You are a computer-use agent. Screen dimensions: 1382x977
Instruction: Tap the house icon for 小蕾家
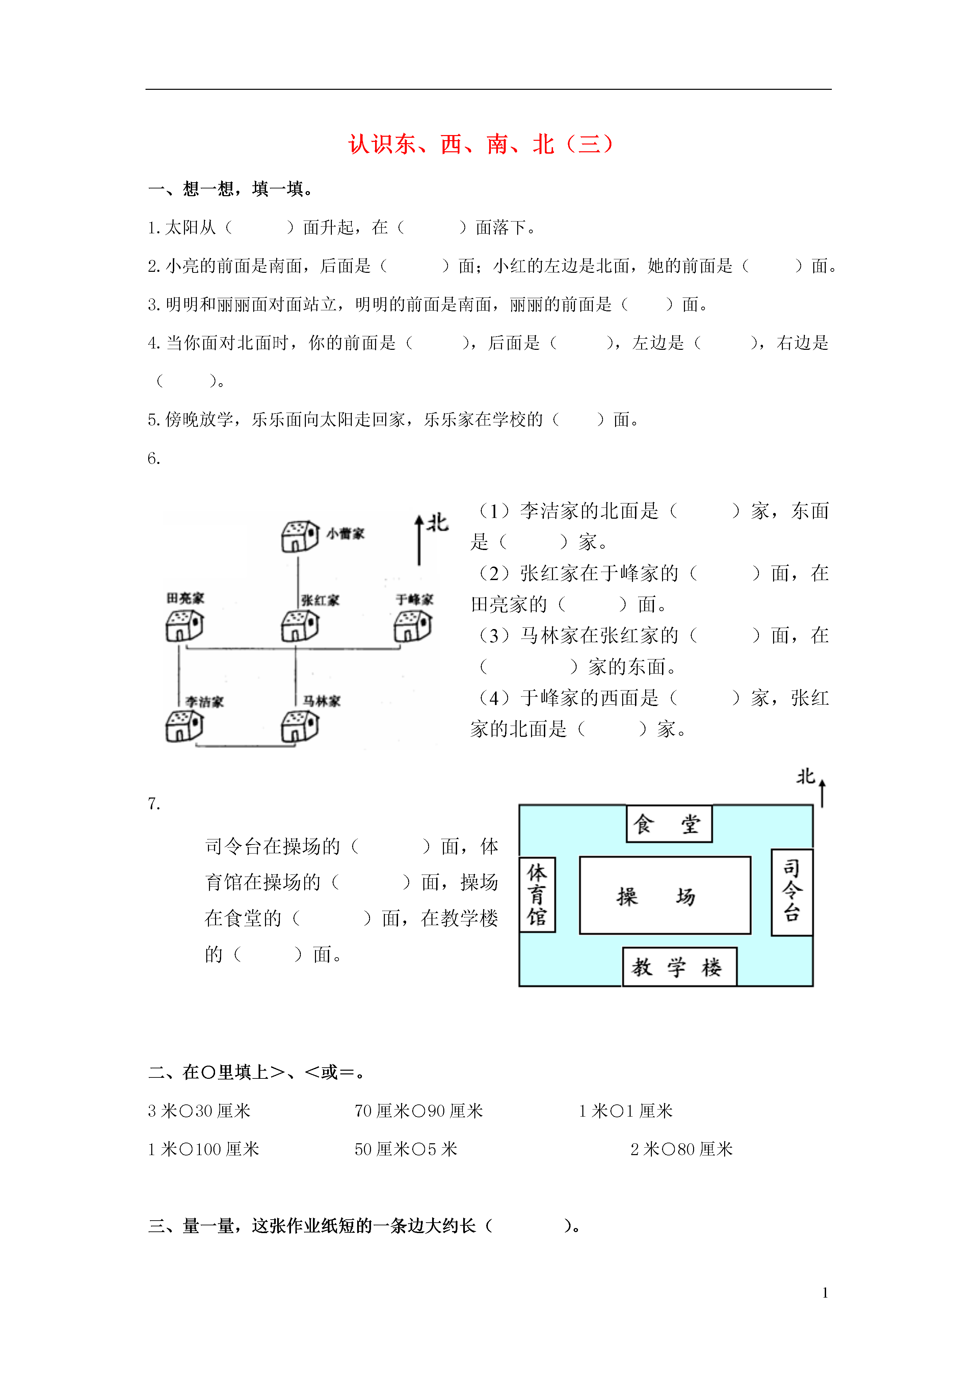(x=300, y=536)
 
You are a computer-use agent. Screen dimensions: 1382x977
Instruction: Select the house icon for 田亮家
(x=184, y=626)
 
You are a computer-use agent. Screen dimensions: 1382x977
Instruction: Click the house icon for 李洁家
(x=184, y=726)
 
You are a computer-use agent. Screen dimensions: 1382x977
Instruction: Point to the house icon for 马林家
(x=300, y=726)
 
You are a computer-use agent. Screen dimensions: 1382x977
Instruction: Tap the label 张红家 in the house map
(x=320, y=600)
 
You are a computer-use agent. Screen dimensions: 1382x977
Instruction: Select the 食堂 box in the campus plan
(x=669, y=824)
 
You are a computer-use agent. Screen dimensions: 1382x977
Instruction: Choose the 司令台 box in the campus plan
(x=792, y=892)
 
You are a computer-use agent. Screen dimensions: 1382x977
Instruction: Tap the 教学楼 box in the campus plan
(x=679, y=967)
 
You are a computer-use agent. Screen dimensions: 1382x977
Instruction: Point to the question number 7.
(x=154, y=804)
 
